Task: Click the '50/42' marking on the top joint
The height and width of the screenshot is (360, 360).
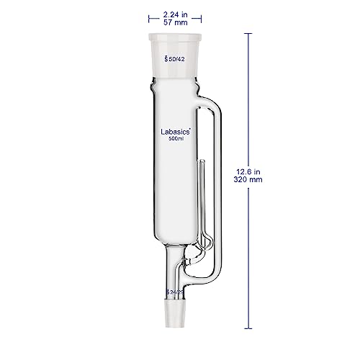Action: click(177, 60)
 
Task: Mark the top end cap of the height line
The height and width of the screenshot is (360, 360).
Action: click(248, 32)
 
